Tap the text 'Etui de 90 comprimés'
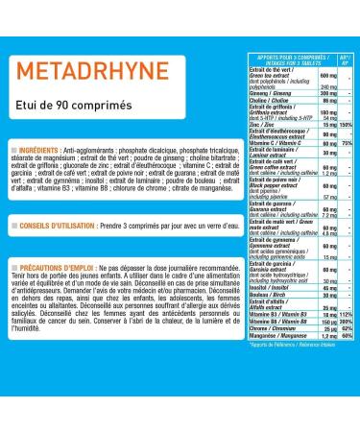76,106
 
